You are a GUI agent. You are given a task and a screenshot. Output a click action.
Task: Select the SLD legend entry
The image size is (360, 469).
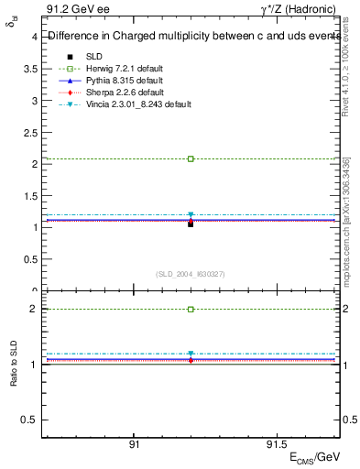pyautogui.click(x=95, y=57)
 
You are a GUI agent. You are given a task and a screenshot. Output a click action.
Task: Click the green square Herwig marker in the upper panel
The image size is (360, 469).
pyautogui.click(x=191, y=158)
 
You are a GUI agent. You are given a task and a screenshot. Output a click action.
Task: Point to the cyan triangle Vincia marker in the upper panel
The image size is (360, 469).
pyautogui.click(x=191, y=215)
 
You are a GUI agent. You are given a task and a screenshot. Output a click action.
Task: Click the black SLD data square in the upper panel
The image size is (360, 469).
pyautogui.click(x=191, y=224)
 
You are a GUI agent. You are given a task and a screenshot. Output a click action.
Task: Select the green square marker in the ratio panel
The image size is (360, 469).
pyautogui.click(x=191, y=310)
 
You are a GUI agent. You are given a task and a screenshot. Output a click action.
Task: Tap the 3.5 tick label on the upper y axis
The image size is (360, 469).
pyautogui.click(x=30, y=69)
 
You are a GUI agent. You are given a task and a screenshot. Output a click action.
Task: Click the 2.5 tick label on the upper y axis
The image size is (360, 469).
pyautogui.click(x=30, y=132)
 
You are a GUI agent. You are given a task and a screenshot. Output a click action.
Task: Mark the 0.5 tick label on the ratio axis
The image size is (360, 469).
pyautogui.click(x=30, y=420)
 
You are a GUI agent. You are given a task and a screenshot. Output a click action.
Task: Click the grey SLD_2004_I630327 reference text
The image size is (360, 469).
pyautogui.click(x=191, y=274)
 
